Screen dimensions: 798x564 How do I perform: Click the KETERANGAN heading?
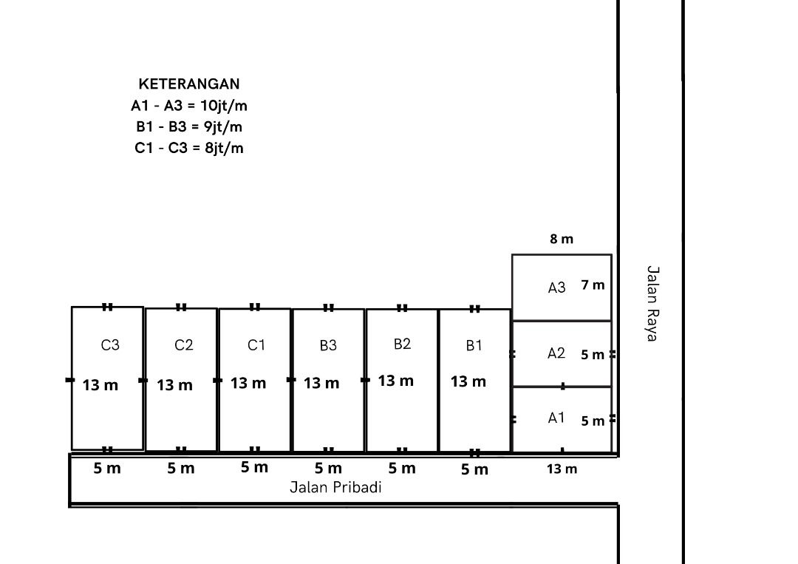click(x=189, y=84)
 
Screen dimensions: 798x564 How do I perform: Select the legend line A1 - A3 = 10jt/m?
click(x=189, y=106)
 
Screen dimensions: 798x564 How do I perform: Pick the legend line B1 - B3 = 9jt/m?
click(x=189, y=126)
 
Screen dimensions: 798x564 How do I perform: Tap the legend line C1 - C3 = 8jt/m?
click(x=189, y=148)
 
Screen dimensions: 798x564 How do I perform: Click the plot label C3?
click(x=110, y=345)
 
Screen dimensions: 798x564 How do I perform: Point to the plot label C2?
click(x=184, y=345)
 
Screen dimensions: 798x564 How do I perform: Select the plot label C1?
click(x=256, y=345)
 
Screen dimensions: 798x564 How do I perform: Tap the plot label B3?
click(x=328, y=346)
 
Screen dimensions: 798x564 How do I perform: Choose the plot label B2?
click(x=402, y=344)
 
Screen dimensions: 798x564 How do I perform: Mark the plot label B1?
click(x=474, y=346)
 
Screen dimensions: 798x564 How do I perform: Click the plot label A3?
click(x=557, y=288)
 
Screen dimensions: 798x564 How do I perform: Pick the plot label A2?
click(x=556, y=353)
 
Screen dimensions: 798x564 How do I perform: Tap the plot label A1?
click(x=556, y=418)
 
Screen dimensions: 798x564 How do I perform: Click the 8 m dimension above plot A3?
click(x=562, y=239)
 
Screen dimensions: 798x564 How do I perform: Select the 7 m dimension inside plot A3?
click(x=593, y=285)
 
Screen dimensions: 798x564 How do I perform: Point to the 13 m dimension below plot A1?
click(x=562, y=469)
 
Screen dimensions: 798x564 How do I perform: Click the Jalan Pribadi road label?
click(x=336, y=487)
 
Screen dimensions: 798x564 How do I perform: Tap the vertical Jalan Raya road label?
click(x=652, y=303)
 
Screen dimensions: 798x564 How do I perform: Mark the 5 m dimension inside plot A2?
click(x=593, y=355)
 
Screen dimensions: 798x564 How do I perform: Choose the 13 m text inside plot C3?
click(x=100, y=385)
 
